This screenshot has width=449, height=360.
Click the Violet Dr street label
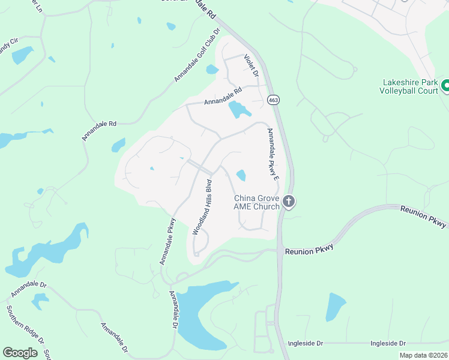(251, 65)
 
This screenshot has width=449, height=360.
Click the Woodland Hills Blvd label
(202, 206)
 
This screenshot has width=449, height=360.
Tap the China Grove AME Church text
(257, 202)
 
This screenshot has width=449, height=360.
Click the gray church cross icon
(289, 202)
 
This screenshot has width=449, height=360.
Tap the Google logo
(20, 353)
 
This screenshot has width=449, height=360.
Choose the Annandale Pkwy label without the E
(167, 240)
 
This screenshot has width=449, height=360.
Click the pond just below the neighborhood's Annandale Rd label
(238, 109)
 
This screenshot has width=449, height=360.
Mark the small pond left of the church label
(241, 175)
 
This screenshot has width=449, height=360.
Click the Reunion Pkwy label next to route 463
(309, 251)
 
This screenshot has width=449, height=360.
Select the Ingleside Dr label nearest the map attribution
(388, 343)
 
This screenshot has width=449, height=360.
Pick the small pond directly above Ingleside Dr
(336, 307)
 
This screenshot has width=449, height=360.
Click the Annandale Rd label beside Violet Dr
(222, 96)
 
